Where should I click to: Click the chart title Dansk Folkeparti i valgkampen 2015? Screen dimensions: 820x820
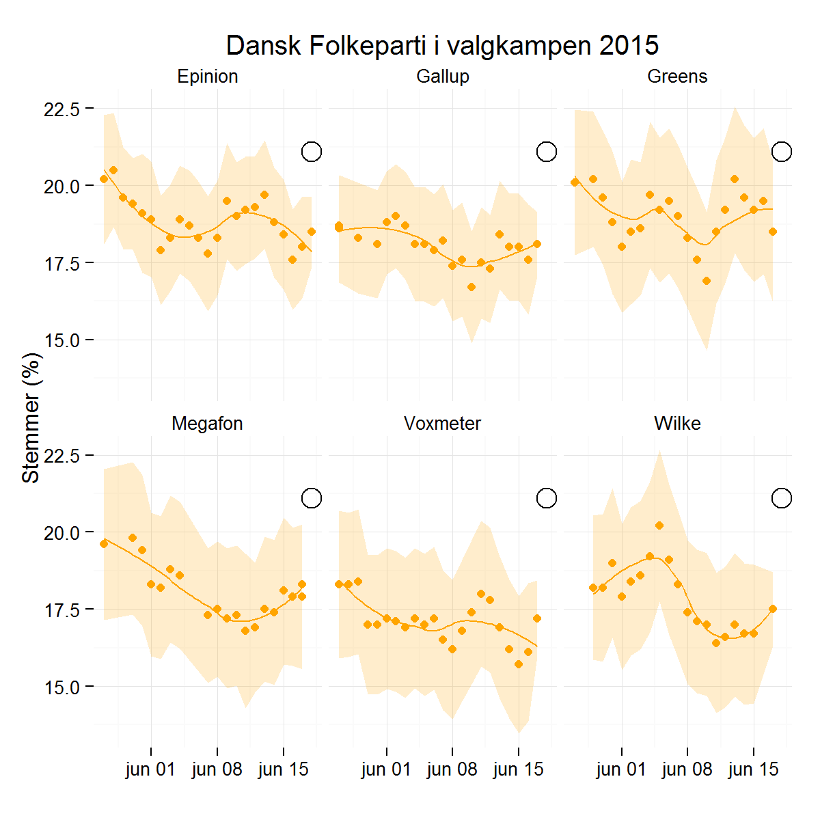442,46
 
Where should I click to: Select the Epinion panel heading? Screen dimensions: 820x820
207,77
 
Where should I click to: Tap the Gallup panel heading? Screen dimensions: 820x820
443,77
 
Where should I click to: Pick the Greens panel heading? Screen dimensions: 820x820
677,77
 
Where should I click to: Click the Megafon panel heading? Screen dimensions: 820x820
207,424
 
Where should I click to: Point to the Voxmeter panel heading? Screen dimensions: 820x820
442,424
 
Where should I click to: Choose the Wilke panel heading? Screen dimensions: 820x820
677,424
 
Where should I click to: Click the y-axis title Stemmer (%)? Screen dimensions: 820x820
31,418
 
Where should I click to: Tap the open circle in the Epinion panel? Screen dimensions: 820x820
312,152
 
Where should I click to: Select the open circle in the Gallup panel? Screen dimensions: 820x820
547,152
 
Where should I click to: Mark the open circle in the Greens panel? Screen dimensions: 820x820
782,152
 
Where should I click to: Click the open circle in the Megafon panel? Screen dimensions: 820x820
312,498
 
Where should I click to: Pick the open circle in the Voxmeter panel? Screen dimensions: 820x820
547,498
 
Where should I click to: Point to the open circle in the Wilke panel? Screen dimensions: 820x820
782,498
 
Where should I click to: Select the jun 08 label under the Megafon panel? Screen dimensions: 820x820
217,769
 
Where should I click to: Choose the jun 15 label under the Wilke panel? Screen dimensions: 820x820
754,769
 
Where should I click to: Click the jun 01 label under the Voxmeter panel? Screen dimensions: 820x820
387,769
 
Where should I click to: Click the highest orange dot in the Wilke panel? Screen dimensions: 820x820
659,525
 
